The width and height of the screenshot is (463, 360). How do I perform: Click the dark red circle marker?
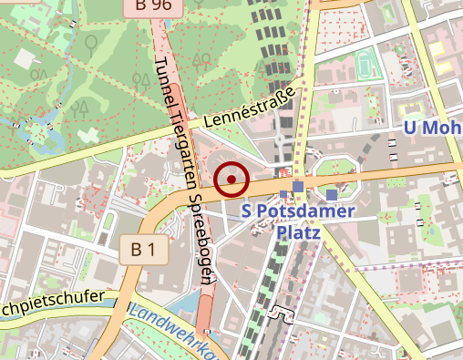click(232, 179)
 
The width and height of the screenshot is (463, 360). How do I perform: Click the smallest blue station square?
click(284, 193)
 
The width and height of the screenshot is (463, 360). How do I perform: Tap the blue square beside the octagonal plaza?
click(331, 194)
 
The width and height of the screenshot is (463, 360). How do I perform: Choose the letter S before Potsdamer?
click(247, 211)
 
